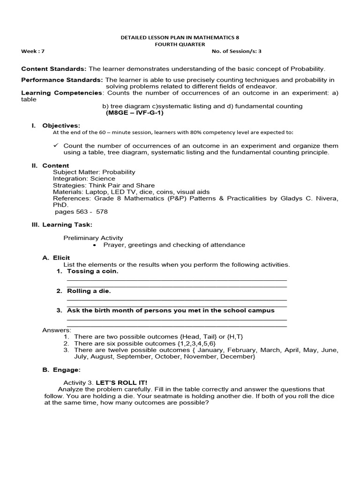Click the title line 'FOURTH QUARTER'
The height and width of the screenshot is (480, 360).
180,45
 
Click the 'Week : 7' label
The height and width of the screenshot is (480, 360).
32,51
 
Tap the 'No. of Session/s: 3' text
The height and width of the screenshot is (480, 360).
240,51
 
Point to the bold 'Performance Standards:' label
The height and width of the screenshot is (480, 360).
62,80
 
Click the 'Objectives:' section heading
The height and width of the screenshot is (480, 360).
61,126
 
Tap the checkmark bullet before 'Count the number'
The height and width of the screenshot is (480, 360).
56,146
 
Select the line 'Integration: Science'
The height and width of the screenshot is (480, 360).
84,179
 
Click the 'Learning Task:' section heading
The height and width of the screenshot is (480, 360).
67,225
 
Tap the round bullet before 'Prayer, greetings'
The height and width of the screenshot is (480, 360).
95,245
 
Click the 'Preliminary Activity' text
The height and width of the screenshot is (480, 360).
93,238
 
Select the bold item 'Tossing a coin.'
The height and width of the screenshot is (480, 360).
93,271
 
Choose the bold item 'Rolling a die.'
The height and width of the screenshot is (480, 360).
89,291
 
